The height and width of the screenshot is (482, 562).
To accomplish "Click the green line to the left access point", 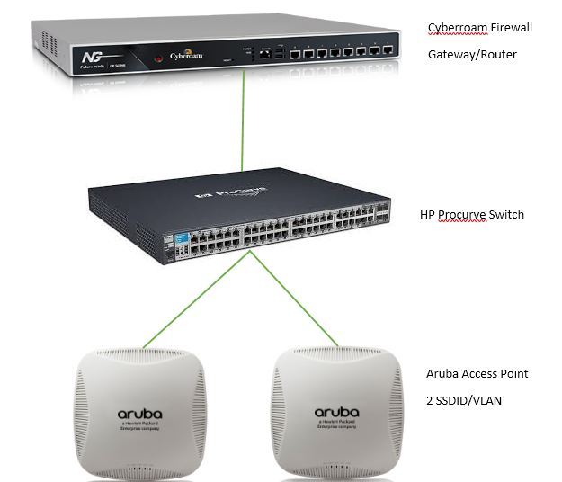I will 198,298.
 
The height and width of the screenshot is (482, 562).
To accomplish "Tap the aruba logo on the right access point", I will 336,413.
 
